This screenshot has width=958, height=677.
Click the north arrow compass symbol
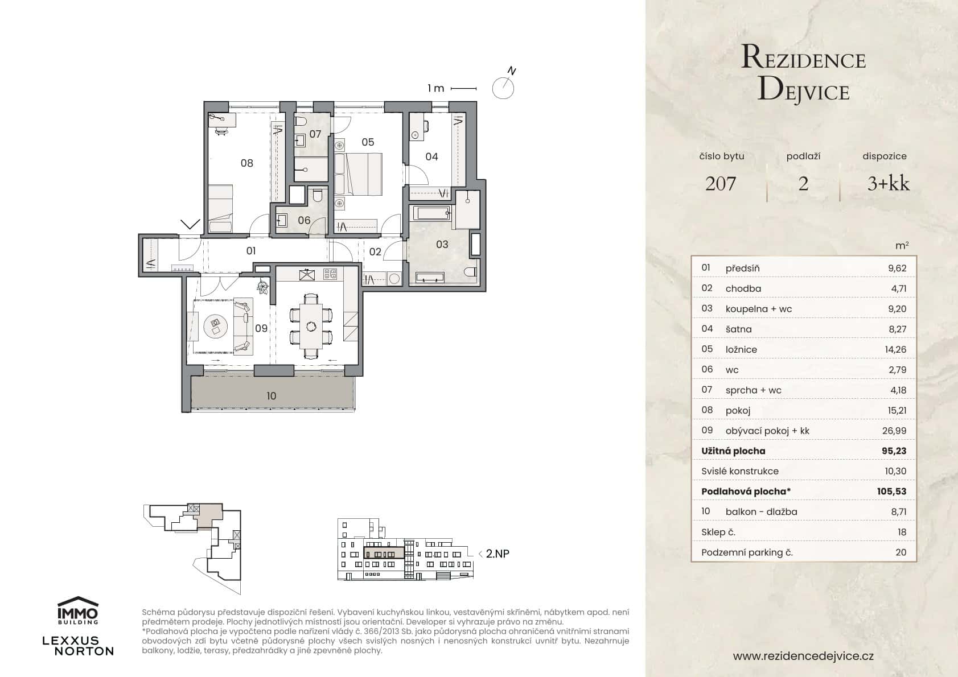point(503,87)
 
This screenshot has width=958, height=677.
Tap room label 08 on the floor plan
point(246,163)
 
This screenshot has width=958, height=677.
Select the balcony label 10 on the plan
point(271,396)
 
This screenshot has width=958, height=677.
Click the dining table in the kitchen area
point(311,326)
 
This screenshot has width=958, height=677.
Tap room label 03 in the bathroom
point(442,245)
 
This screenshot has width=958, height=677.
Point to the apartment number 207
point(720,183)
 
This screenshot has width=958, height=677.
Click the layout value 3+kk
point(888,183)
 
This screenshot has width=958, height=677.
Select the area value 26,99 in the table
point(894,431)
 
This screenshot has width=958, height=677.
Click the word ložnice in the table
point(741,349)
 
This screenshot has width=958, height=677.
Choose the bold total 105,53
point(891,491)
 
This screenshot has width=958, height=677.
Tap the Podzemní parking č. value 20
point(900,552)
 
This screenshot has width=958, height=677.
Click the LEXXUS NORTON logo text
point(78,646)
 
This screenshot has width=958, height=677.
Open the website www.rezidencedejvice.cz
point(803,656)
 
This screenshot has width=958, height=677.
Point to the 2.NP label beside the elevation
point(497,553)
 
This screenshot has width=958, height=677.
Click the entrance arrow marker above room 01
point(190,224)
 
